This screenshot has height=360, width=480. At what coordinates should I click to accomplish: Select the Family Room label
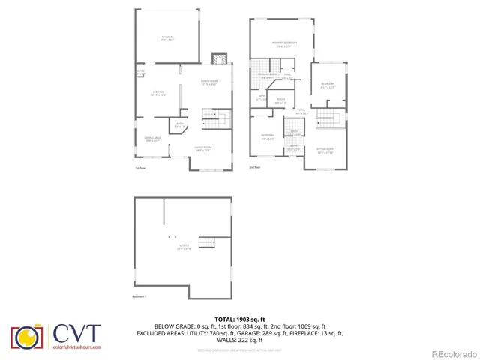(x=209, y=82)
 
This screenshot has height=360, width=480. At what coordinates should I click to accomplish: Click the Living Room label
(x=203, y=148)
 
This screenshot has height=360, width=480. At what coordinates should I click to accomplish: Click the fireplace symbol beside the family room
(x=219, y=59)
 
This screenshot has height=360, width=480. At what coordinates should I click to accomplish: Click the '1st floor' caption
(x=139, y=168)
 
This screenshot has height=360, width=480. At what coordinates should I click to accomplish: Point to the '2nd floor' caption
(x=254, y=168)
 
